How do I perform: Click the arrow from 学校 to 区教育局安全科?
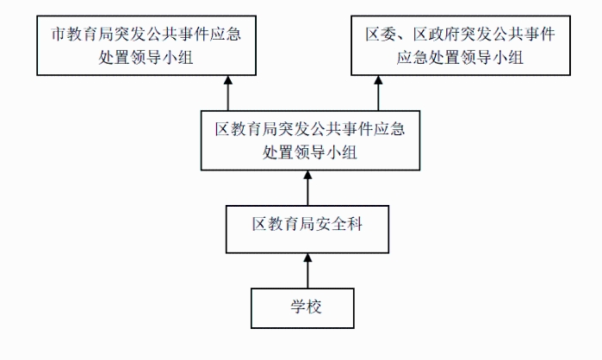click(307, 270)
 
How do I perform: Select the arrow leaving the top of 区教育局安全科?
click(307, 188)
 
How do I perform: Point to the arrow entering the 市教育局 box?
click(228, 93)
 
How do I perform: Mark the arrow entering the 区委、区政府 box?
click(378, 93)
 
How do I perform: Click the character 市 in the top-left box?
click(59, 34)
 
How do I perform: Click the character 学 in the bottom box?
click(298, 307)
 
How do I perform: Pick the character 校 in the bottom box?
click(314, 307)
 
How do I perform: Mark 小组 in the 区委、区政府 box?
click(507, 58)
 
